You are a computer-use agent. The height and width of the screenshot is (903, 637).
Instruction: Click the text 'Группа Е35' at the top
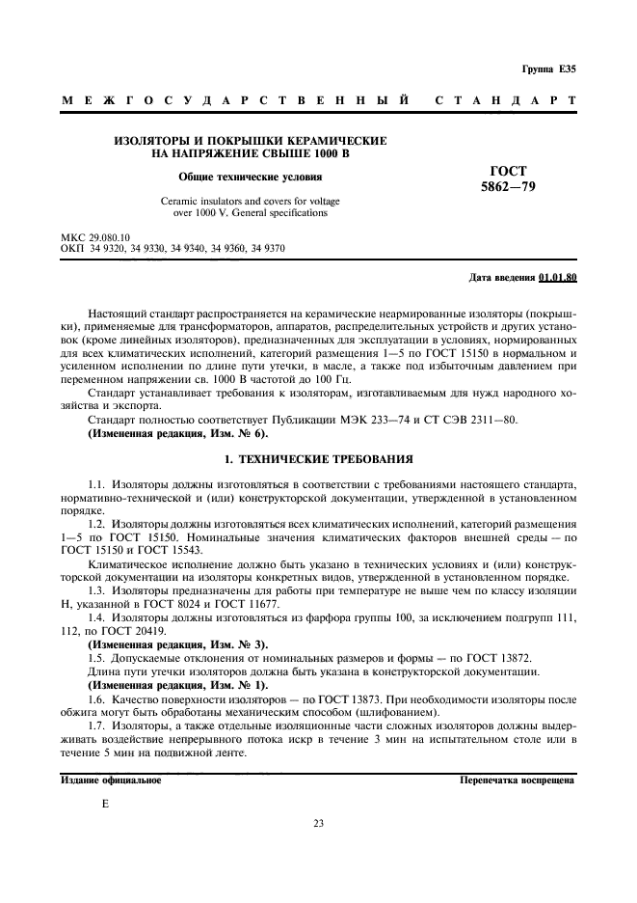pos(548,69)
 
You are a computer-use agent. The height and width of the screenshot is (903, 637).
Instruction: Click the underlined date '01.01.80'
pos(557,278)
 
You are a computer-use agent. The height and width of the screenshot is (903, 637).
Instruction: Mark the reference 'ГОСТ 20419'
pos(168,628)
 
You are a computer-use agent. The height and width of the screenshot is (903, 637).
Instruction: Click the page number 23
pos(318,823)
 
